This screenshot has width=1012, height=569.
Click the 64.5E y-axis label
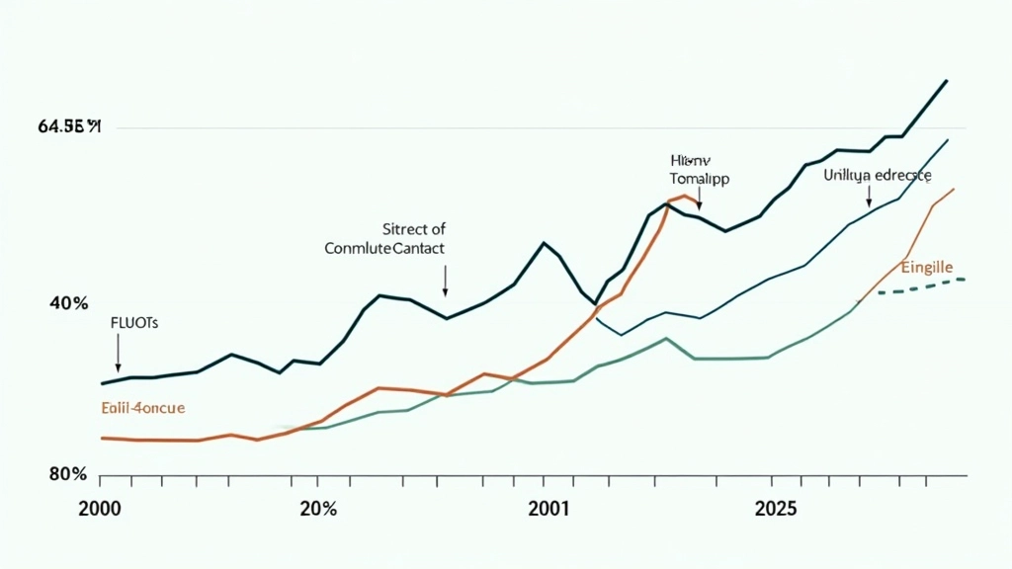point(70,126)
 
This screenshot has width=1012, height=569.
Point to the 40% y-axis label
point(69,303)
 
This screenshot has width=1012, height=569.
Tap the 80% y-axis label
point(69,474)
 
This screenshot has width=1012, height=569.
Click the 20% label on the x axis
point(316,510)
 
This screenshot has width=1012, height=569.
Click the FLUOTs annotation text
point(132,322)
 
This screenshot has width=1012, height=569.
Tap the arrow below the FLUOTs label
point(118,353)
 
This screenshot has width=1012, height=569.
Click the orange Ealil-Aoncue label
point(143,407)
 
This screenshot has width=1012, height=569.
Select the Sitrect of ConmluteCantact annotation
point(384,238)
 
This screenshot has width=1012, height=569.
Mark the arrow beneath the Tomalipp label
point(699,200)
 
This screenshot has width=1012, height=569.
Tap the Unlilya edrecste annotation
point(877,175)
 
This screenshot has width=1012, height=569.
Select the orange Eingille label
point(926,267)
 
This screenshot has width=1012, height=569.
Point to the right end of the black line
point(948,80)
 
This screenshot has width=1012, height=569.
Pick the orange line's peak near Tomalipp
point(682,196)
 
